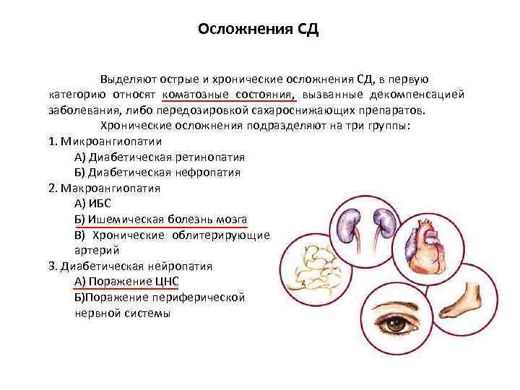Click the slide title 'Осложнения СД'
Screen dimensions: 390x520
coord(258,30)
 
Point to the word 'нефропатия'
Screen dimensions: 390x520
coord(210,173)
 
